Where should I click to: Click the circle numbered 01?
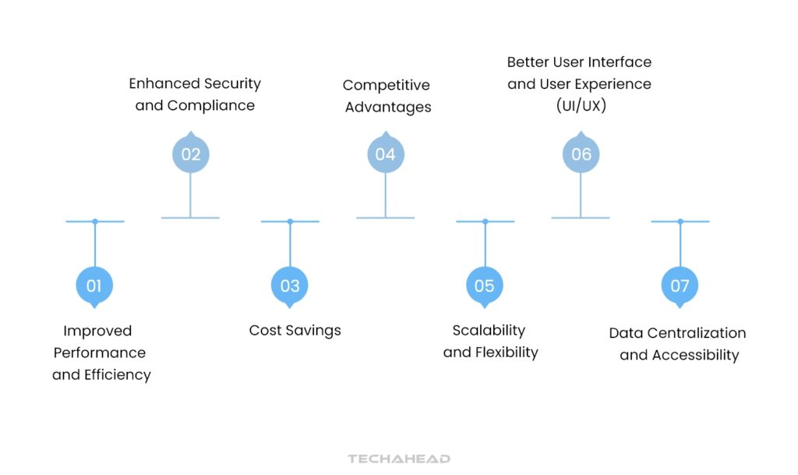94,285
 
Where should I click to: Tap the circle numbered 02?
191,153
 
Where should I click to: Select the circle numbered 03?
290,285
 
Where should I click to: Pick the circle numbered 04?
386,153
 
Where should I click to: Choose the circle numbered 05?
485,285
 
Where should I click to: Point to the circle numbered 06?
581,153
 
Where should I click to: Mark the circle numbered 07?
680,285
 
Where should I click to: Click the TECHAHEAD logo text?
399,459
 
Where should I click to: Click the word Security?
233,84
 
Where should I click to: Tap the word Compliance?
210,106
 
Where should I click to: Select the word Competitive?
387,85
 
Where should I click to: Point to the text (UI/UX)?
581,106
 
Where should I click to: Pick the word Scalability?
489,331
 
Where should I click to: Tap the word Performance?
100,353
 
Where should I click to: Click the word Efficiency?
118,375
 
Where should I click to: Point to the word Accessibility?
695,356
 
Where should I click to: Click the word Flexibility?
507,353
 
